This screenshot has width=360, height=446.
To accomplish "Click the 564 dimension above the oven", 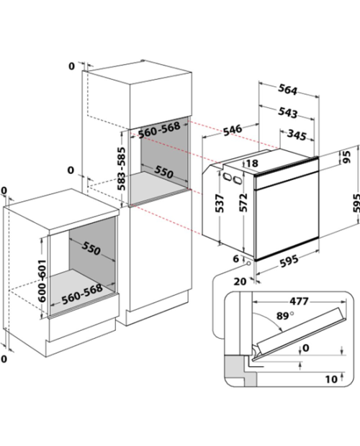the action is point(287,90).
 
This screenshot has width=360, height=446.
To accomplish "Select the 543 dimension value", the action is point(287,113).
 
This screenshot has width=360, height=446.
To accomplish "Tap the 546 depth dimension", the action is point(233,130).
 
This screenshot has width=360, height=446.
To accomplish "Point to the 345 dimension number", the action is point(297,135).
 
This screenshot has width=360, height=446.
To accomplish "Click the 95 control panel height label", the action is point(347,157).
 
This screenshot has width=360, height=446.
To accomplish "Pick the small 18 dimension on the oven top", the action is point(252,163).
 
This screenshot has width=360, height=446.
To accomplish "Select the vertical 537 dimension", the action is point(220,204).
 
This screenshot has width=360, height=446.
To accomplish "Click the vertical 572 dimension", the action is point(243,203).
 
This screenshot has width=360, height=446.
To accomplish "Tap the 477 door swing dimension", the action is point(299,301).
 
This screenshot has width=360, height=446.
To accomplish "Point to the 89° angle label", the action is point(285,316).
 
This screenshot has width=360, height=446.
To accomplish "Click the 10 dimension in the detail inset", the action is point(331,379).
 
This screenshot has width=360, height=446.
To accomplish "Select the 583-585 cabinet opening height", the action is point(122,168).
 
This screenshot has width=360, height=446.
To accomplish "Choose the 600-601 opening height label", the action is point(42,281).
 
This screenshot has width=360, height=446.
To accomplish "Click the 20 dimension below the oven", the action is point(240,281).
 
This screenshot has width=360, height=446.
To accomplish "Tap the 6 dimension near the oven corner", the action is point(236,259).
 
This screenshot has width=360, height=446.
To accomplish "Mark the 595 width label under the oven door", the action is point(289,261).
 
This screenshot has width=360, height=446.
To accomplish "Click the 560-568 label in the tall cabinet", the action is point(159,129).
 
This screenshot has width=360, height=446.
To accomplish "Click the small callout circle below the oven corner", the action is point(249,264).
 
